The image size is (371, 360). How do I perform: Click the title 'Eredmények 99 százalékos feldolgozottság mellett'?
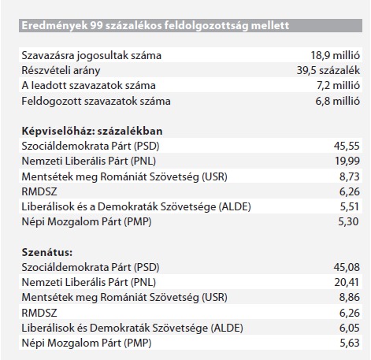155,26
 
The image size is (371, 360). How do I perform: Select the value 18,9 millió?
336,55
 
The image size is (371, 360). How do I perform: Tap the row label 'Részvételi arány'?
61,71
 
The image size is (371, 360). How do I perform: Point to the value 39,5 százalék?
328,70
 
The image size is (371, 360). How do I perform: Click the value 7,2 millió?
338,86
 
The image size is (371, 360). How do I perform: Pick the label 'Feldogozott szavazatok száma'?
96,102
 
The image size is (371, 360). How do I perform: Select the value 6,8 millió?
338,101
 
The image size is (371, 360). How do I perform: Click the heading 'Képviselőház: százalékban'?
92,131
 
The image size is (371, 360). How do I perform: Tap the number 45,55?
347,146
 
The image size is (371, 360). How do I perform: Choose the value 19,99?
347,161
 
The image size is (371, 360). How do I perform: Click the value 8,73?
350,176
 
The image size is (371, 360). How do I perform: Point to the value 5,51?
350,206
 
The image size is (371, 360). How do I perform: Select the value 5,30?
349,221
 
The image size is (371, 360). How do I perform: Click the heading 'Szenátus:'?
47,252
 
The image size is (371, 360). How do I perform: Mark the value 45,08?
347,267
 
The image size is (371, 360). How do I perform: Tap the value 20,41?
347,282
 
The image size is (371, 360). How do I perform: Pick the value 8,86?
350,298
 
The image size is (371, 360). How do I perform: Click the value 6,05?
350,328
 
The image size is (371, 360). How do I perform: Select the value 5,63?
350,343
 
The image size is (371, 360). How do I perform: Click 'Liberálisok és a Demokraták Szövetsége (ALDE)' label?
136,207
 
